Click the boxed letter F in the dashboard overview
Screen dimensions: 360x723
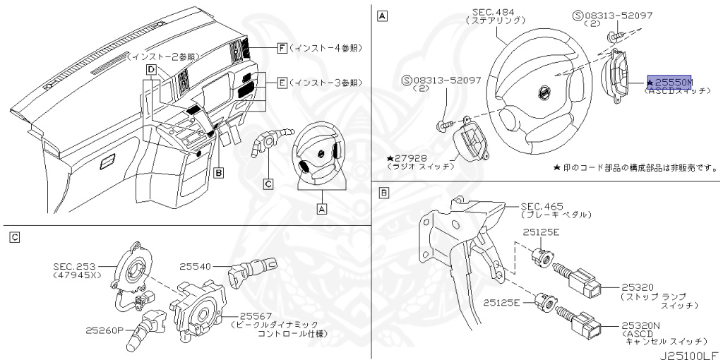[281, 48]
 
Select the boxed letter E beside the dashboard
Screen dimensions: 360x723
[281, 83]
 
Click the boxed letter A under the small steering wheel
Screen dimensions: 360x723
[321, 208]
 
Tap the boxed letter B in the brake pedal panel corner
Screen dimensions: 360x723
[383, 192]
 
